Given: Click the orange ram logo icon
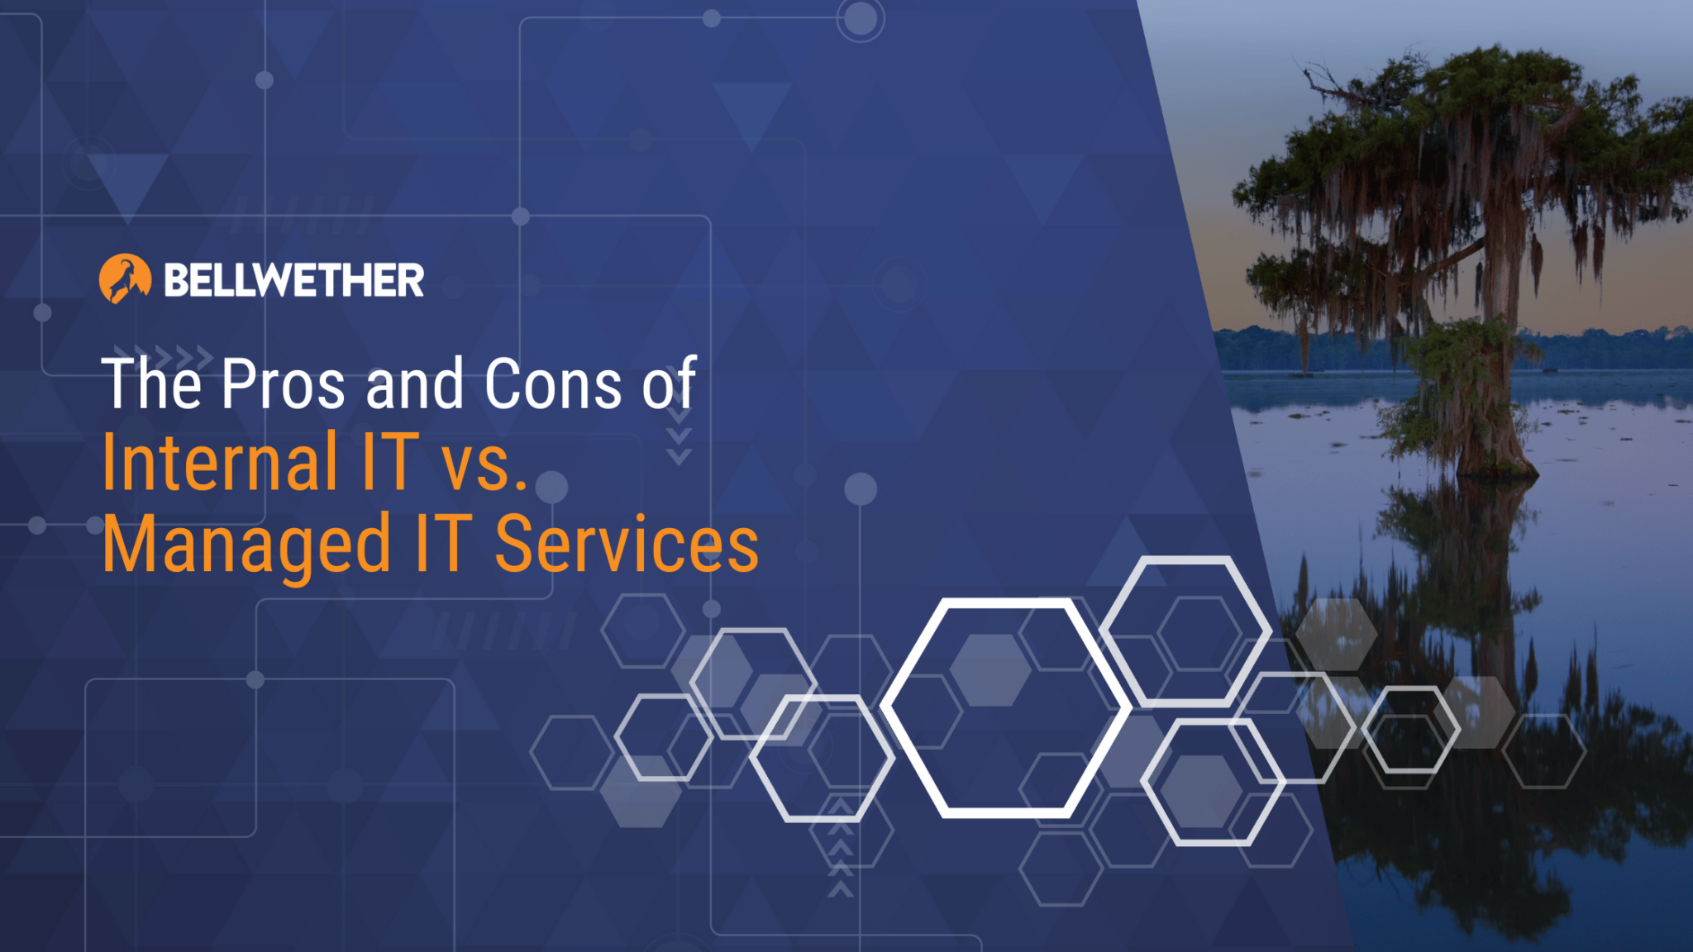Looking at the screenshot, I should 125,278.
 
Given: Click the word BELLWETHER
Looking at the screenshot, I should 294,280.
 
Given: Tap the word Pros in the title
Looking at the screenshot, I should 283,384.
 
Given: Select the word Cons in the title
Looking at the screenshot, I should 552,384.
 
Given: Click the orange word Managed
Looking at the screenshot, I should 246,545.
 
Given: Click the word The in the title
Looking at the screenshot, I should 151,384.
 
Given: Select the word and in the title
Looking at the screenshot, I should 415,384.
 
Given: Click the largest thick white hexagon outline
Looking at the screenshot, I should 1005,707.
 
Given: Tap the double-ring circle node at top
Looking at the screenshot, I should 860,18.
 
